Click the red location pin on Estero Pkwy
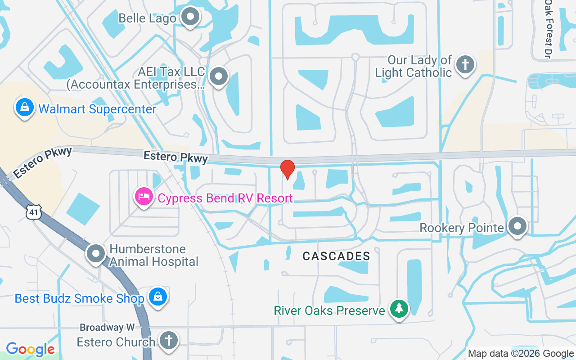(287, 169)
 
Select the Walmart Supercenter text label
(97, 109)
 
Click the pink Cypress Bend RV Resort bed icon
(144, 197)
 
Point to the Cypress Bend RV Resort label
(225, 198)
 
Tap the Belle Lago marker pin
(190, 17)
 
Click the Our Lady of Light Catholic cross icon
(465, 65)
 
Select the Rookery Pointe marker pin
(517, 226)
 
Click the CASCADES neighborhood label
(336, 256)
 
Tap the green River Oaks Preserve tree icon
(399, 309)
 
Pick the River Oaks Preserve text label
(329, 310)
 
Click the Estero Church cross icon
(169, 341)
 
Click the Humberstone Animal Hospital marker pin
(96, 254)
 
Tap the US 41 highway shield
(34, 212)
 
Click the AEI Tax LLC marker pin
(219, 76)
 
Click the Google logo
(30, 349)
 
